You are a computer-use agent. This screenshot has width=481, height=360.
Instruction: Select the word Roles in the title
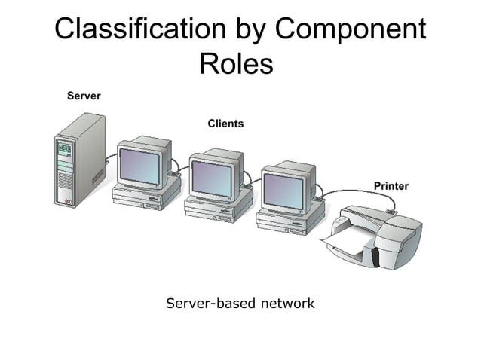pyautogui.click(x=235, y=63)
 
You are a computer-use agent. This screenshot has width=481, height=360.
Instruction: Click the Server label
pyautogui.click(x=84, y=96)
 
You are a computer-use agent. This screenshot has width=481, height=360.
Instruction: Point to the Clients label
pyautogui.click(x=225, y=123)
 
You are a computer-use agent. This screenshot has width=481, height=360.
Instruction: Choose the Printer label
pyautogui.click(x=391, y=185)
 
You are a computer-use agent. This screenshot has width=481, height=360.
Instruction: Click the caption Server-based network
pyautogui.click(x=240, y=304)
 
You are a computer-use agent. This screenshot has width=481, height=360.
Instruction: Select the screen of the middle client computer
pyautogui.click(x=212, y=178)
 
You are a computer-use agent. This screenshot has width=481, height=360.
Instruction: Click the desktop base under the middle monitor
pyautogui.click(x=218, y=209)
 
